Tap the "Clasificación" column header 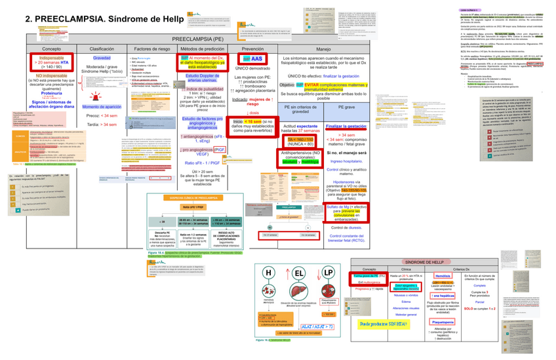(102, 49)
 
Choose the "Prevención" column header (252, 49)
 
